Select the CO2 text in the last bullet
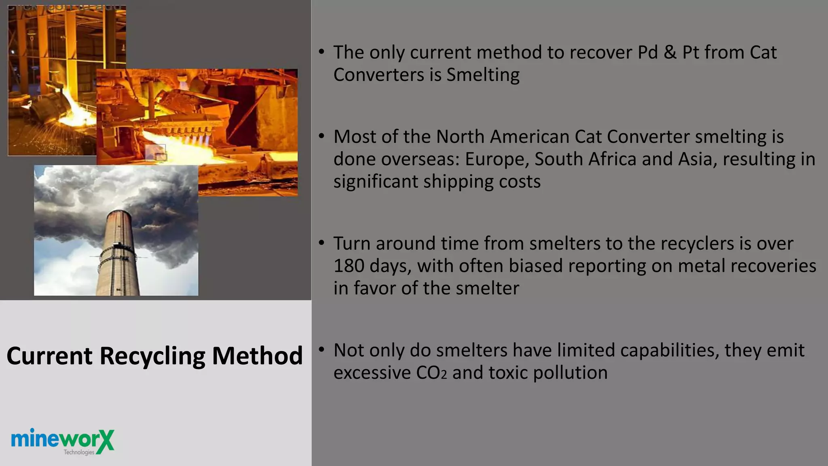pos(431,373)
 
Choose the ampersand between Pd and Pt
pos(670,53)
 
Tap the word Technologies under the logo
pos(79,452)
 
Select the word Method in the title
pos(257,356)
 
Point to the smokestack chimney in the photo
pos(117,255)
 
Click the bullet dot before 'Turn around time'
pos(321,243)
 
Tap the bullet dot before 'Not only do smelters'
pos(321,349)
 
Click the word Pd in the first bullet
pos(648,53)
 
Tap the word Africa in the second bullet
pos(612,159)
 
